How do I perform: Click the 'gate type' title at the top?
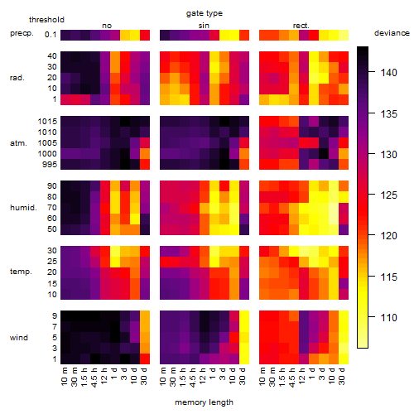205,13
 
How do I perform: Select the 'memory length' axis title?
204,402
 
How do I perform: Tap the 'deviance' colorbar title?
392,33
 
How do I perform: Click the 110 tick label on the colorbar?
388,317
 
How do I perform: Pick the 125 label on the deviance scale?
388,195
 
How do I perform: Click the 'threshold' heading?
46,20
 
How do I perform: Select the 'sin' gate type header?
204,26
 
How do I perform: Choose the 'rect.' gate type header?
301,26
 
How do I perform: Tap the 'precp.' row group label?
22,33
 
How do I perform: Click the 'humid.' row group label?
23,208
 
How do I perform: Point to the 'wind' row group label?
19,338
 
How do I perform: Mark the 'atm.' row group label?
18,143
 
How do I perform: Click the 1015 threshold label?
47,122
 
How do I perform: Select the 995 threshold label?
50,165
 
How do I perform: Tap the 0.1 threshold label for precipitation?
51,35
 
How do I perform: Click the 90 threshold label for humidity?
51,186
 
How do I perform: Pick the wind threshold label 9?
55,316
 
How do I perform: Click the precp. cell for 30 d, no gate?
145,35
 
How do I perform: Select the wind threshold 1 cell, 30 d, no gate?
145,359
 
